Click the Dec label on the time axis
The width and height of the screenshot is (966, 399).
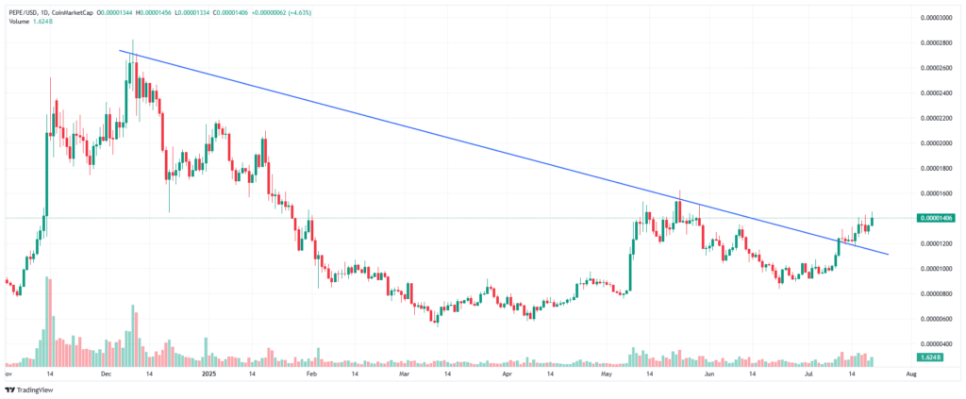(x=107, y=374)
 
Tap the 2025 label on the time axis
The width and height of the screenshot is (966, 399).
(x=210, y=374)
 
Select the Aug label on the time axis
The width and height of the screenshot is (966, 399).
(x=910, y=374)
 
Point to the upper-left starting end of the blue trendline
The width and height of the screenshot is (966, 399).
(x=120, y=50)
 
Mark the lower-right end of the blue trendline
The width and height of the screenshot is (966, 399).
(x=889, y=254)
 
